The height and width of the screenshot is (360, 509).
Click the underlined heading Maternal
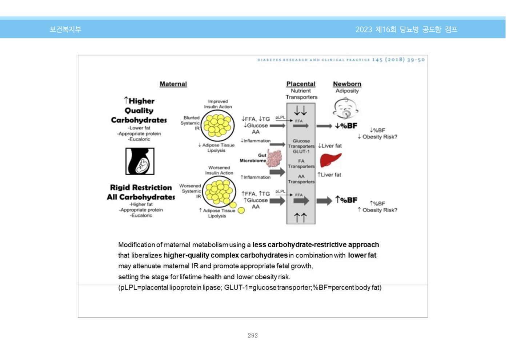tap(173, 84)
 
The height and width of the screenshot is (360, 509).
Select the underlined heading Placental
tap(301, 84)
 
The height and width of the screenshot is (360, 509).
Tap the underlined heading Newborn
tap(347, 84)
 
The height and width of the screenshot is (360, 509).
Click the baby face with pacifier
tap(346, 108)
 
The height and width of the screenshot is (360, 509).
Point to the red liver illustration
tap(330, 160)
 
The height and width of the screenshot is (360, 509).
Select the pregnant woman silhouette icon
tap(140, 161)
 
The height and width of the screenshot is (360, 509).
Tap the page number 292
tap(253, 335)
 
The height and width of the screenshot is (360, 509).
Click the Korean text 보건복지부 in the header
tap(65, 29)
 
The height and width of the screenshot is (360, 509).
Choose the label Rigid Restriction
tap(141, 188)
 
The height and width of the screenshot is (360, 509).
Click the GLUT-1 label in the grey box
tap(301, 152)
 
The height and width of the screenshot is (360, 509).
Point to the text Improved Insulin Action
tap(218, 104)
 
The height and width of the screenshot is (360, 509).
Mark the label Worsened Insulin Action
tap(219, 170)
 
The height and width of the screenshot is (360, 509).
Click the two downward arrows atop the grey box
tap(301, 111)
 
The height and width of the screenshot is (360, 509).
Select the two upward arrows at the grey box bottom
tap(301, 218)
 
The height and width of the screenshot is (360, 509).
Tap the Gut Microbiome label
tap(253, 158)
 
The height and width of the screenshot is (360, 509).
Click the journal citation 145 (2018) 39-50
tap(398, 60)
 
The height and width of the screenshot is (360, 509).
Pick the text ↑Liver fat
tap(329, 175)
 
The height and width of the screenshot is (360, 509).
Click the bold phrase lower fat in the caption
tap(362, 255)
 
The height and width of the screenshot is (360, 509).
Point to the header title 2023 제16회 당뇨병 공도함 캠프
tap(406, 29)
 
